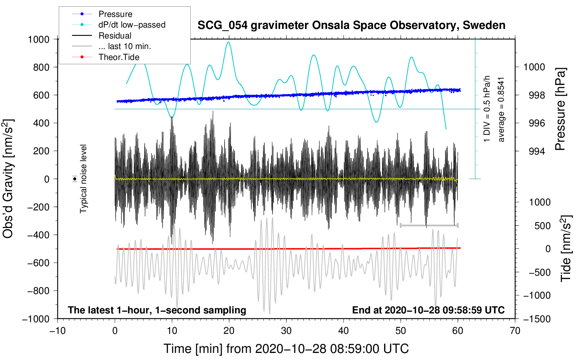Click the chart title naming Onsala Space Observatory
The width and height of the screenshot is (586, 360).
tap(351, 25)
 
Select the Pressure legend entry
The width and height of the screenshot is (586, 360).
tap(115, 14)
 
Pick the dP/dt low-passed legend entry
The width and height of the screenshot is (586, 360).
tap(132, 25)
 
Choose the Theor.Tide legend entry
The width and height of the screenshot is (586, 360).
tap(119, 57)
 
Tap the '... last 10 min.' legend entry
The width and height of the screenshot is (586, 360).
tap(125, 46)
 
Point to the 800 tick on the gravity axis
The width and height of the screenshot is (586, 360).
tap(41, 67)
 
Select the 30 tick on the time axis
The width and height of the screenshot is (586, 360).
tap(286, 331)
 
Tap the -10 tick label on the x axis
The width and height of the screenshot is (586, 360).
tap(58, 331)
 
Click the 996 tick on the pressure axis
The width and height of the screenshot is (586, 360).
tap(537, 123)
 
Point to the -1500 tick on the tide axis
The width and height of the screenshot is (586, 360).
tap(537, 319)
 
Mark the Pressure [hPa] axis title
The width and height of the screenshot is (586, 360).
tap(560, 109)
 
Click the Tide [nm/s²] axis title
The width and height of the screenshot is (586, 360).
tap(566, 249)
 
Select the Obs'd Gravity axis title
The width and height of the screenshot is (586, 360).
tap(8, 179)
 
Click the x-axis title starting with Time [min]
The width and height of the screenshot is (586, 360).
tap(286, 349)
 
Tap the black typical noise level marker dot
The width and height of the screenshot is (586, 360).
tap(75, 179)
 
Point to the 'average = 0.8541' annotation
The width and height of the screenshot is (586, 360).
tap(501, 109)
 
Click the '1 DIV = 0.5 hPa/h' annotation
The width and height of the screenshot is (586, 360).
tap(487, 109)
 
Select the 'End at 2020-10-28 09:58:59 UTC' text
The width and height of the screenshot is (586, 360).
tap(428, 310)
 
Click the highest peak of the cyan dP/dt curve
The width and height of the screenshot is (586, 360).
tap(229, 42)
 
